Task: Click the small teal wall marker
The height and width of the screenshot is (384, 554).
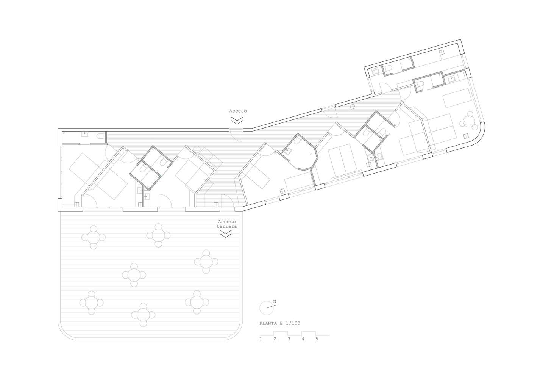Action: tap(161, 173)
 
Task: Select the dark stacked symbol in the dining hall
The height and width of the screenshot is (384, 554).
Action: tap(227, 229)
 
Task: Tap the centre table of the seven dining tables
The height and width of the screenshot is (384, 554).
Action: tap(134, 275)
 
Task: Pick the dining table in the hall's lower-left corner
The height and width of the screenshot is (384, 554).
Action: tap(91, 303)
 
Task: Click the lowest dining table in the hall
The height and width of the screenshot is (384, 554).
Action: tap(144, 315)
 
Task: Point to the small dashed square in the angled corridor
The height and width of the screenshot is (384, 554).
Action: tap(353, 107)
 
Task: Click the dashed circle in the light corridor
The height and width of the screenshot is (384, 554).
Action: tap(197, 149)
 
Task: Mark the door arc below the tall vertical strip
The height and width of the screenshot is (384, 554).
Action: tap(330, 113)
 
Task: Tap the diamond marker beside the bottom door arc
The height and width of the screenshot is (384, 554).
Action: tap(216, 205)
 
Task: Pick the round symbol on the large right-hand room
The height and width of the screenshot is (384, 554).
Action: tap(465, 134)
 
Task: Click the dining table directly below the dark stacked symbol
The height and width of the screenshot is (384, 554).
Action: tap(207, 262)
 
